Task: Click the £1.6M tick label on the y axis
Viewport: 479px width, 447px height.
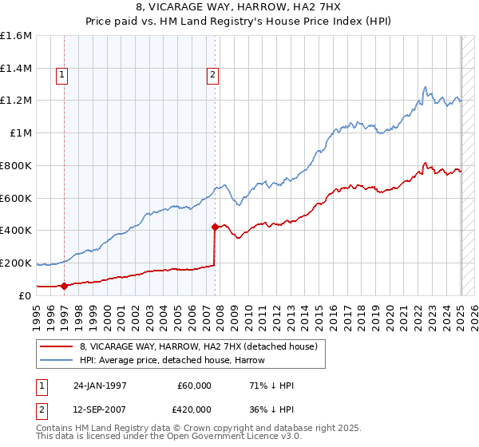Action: point(16,36)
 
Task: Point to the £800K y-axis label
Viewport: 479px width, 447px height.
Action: point(16,165)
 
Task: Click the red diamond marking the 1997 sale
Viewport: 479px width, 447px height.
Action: point(65,286)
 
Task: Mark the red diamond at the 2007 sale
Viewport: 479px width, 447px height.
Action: point(215,227)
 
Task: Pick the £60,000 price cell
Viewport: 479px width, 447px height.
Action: point(195,386)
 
